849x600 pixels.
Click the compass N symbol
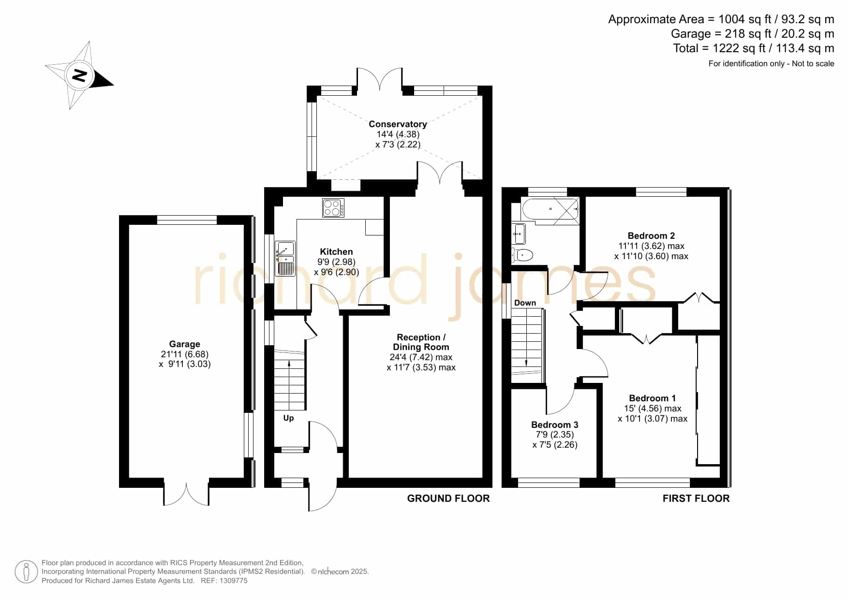click(x=79, y=75)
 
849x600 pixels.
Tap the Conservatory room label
click(x=398, y=124)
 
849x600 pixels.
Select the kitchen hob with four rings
click(x=333, y=208)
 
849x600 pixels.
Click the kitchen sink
click(x=285, y=258)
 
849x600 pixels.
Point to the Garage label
click(x=184, y=344)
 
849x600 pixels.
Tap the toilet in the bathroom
click(x=522, y=254)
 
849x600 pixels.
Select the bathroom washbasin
click(x=519, y=234)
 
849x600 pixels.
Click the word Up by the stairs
click(x=288, y=418)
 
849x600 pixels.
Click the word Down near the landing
click(x=525, y=303)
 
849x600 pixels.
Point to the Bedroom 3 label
click(x=555, y=425)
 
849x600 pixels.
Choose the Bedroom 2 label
click(x=651, y=236)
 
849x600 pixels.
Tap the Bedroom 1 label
click(x=652, y=398)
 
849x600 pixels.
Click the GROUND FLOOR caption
click(x=448, y=498)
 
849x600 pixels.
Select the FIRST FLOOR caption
click(x=696, y=498)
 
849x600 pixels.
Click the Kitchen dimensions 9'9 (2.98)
click(x=336, y=262)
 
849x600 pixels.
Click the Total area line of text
click(x=754, y=48)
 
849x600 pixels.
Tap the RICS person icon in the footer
click(x=26, y=572)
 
